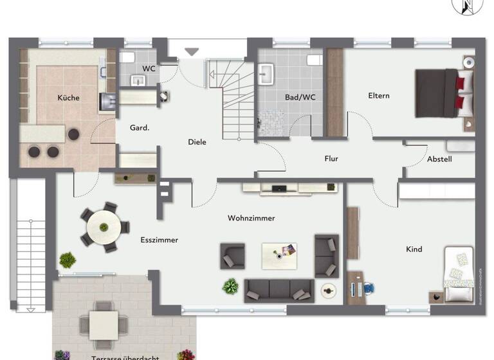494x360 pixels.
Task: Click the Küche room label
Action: [68, 98]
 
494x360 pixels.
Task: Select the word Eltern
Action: [378, 96]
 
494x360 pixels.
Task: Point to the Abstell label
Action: [439, 159]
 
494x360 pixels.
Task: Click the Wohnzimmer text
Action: [251, 218]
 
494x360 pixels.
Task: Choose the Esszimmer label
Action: [159, 240]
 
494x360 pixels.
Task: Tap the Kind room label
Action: [414, 249]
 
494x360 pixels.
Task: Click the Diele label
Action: [197, 142]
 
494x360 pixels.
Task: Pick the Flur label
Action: [331, 159]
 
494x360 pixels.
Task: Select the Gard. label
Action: [140, 127]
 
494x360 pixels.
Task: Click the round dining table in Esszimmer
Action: [103, 226]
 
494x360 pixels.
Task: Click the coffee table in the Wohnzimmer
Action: [279, 255]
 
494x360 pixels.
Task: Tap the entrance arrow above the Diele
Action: [192, 51]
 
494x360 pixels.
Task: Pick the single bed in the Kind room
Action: [459, 274]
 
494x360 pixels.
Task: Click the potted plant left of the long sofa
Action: [230, 286]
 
